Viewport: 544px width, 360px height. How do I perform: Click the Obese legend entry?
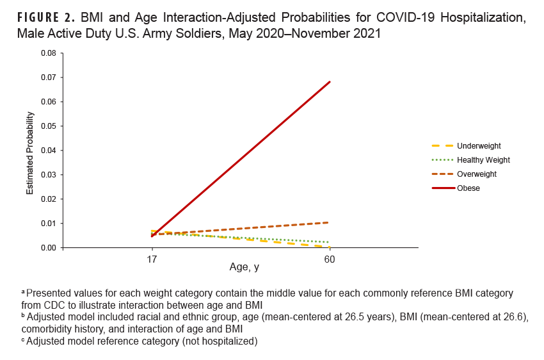pyautogui.click(x=468, y=188)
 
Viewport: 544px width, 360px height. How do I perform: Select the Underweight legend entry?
pyautogui.click(x=479, y=146)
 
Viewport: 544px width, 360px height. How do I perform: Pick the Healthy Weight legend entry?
pyautogui.click(x=483, y=160)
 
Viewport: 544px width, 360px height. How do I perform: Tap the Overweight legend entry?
pyautogui.click(x=476, y=174)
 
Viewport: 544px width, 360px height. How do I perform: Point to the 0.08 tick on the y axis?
pyautogui.click(x=47, y=53)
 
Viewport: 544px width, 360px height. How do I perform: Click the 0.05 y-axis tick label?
pyautogui.click(x=47, y=126)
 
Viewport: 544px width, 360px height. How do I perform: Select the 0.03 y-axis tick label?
pyautogui.click(x=47, y=174)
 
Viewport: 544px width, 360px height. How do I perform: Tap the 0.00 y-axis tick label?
pyautogui.click(x=47, y=248)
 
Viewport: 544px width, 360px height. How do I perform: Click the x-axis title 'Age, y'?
pyautogui.click(x=244, y=267)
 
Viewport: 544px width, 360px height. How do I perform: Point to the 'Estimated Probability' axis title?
pyautogui.click(x=29, y=153)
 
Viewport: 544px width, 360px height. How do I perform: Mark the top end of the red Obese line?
pyautogui.click(x=330, y=82)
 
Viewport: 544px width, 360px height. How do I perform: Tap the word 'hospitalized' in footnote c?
pyautogui.click(x=227, y=341)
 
